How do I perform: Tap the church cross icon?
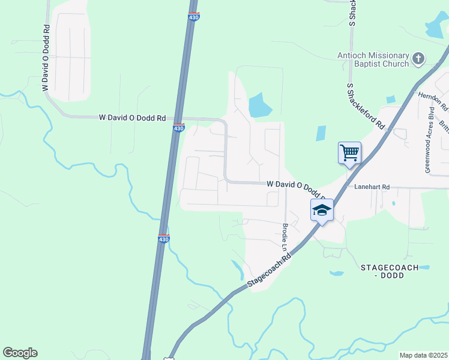click(x=418, y=59)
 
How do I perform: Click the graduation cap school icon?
click(x=321, y=211)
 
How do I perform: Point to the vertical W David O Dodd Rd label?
click(x=45, y=58)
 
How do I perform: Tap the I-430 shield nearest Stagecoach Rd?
click(x=163, y=239)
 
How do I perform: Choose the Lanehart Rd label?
click(x=372, y=187)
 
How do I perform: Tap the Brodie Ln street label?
click(x=285, y=238)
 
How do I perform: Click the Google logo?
click(x=20, y=353)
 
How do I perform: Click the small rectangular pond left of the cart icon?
click(x=321, y=133)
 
